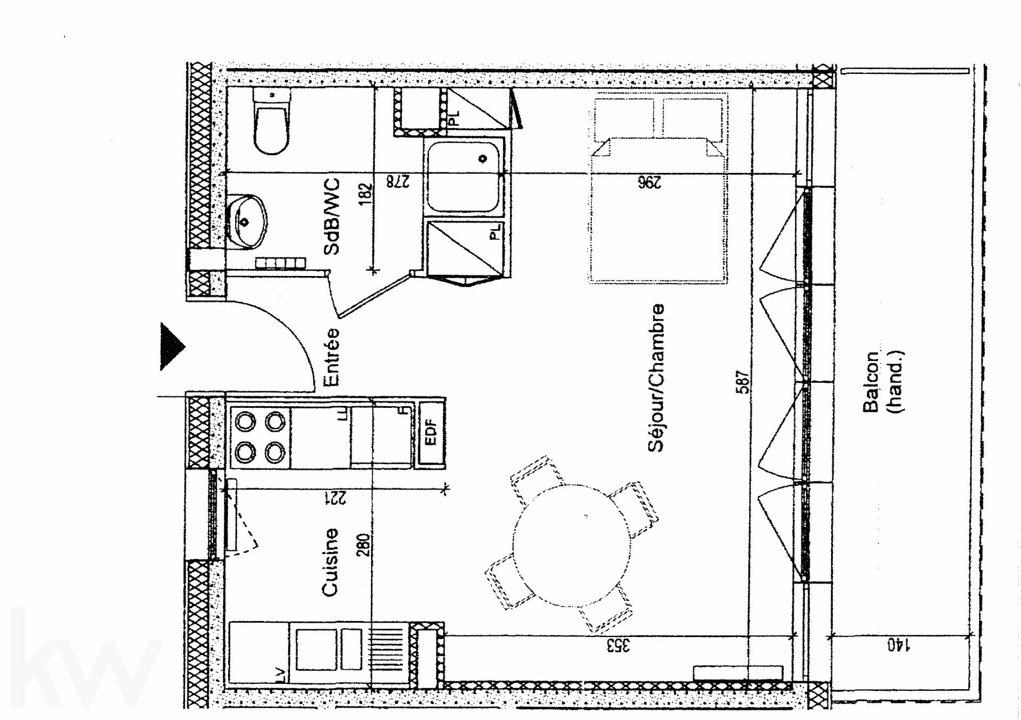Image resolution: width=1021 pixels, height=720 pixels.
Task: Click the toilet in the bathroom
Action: pos(272,121)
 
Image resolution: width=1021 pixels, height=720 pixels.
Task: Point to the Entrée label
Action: pos(332,356)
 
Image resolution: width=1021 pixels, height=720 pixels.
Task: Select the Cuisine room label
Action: pos(330,562)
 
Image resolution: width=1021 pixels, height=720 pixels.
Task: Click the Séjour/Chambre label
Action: pos(656,378)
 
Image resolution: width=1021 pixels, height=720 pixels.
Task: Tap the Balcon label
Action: pos(871,382)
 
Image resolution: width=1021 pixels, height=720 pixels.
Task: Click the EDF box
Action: pos(431,433)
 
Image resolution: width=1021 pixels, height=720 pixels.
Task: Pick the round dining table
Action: pos(571,546)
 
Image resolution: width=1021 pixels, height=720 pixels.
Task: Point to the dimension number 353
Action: pos(618,646)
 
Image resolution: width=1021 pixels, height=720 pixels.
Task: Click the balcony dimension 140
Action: pos(899,646)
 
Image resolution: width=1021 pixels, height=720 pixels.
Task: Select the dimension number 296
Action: pos(649,182)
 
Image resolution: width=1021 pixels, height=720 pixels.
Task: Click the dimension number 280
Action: pos(363,545)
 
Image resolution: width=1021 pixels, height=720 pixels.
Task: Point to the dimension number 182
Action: pos(366,194)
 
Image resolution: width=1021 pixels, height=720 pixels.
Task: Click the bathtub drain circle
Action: pos(483,158)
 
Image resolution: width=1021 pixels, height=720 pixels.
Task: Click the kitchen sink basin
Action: pos(316,649)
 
